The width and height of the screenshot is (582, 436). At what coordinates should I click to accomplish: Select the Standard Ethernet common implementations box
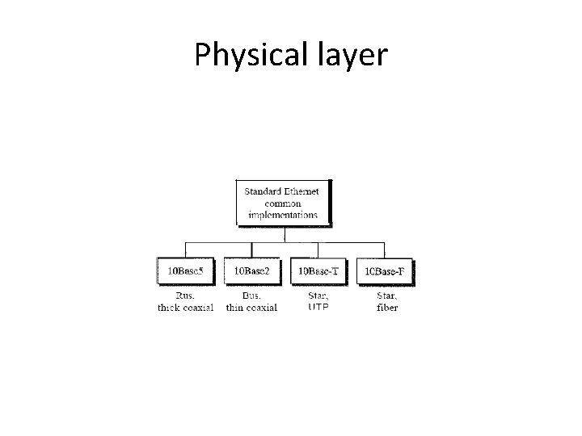point(283,203)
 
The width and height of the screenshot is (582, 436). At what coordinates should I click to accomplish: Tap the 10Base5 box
point(185,271)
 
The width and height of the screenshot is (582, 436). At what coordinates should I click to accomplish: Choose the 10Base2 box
point(251,271)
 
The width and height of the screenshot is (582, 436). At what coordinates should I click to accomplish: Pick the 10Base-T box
point(318,271)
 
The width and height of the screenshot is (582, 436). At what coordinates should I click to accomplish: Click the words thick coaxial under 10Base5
point(185,308)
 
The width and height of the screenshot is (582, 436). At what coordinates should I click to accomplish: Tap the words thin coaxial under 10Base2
point(251,308)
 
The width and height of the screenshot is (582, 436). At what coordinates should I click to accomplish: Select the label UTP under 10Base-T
point(318,308)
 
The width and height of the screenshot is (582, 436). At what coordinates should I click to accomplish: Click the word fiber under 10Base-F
point(387,308)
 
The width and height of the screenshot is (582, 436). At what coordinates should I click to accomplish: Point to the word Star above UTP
point(318,296)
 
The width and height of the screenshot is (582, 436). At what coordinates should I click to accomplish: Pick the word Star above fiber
point(387,296)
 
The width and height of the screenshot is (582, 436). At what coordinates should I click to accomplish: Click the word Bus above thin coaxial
point(251,296)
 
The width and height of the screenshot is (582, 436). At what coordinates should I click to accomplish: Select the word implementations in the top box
point(283,215)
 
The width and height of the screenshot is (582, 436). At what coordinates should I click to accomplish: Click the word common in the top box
point(283,203)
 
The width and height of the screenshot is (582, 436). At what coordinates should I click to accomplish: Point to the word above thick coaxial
point(185,296)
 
